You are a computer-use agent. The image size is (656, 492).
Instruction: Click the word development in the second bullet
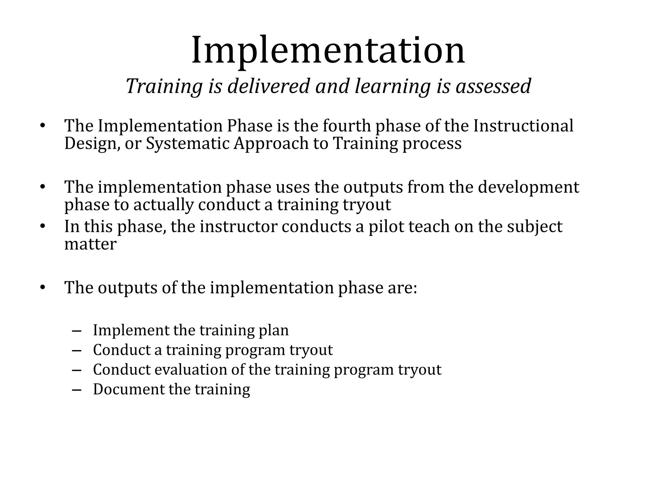529,187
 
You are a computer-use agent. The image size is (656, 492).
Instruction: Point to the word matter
90,244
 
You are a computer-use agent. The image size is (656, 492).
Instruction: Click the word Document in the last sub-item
128,389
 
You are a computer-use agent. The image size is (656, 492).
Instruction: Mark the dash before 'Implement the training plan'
77,331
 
